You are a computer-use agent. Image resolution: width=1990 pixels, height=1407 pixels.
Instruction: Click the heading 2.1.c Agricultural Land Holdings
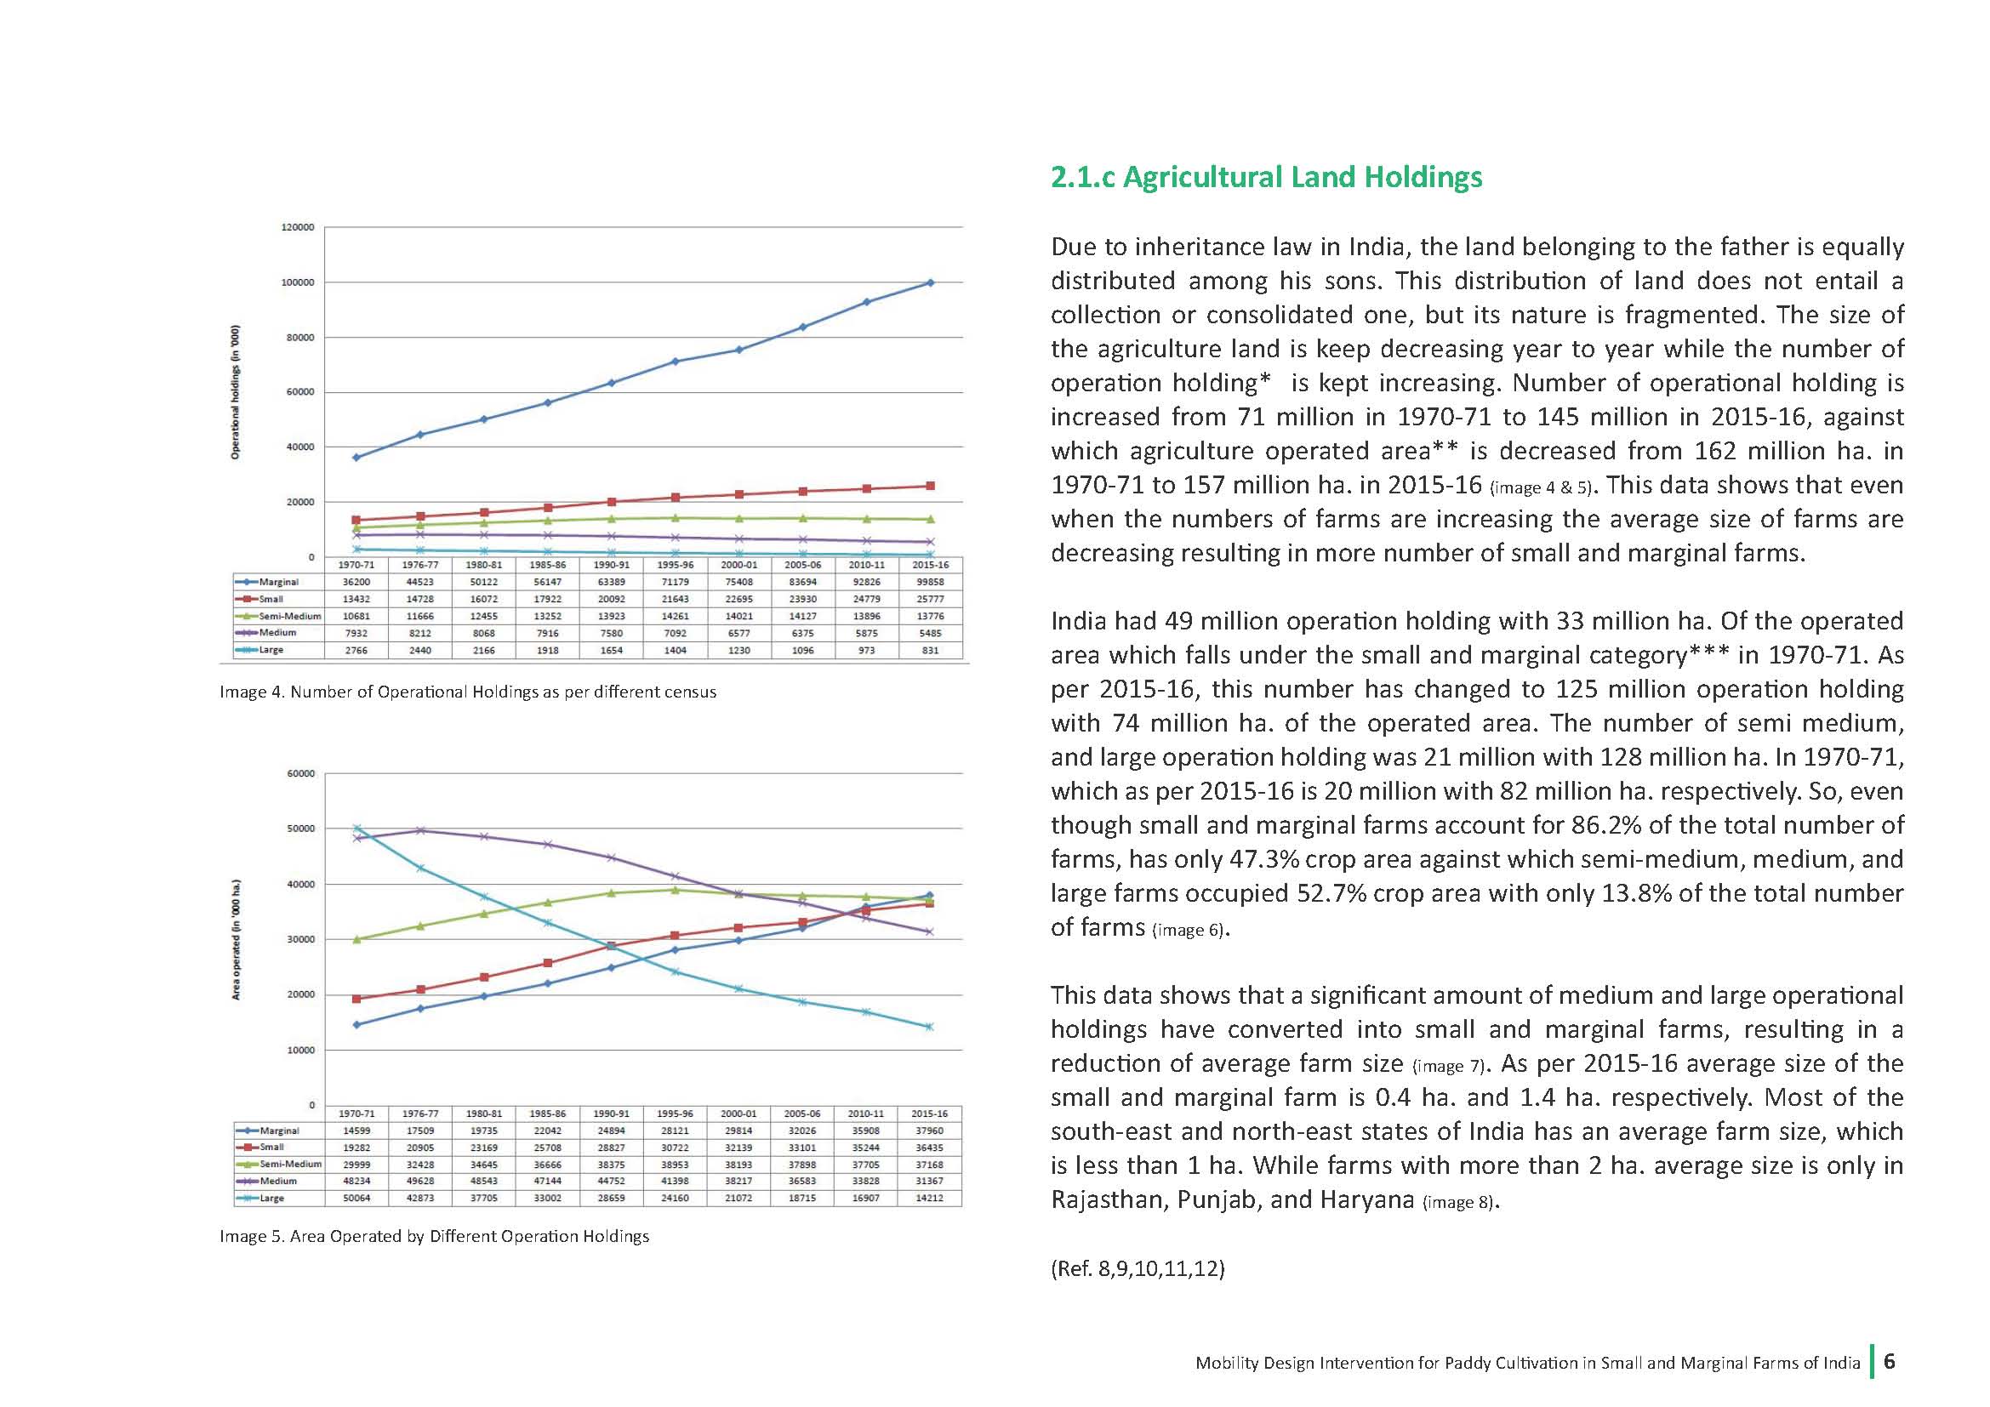click(x=1266, y=177)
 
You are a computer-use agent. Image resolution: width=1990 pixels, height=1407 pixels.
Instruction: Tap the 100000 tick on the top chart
click(x=297, y=282)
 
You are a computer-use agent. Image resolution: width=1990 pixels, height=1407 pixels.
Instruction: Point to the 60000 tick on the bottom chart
click(x=300, y=773)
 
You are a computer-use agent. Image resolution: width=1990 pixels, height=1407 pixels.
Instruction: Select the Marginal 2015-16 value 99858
click(x=930, y=582)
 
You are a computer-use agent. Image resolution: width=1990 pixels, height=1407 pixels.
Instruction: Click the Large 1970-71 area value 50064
click(x=356, y=1199)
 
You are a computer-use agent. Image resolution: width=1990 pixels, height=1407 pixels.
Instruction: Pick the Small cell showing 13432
click(x=356, y=599)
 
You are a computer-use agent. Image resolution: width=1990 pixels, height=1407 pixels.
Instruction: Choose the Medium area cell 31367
click(x=929, y=1181)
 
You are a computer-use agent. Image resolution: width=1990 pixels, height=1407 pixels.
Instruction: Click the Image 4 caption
click(x=468, y=692)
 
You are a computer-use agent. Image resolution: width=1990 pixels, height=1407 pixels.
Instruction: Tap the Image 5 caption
click(x=434, y=1236)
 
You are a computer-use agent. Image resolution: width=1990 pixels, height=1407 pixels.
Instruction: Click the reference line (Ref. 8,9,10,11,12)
click(x=1138, y=1269)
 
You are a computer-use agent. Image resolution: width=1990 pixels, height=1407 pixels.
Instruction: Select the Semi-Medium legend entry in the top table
click(x=279, y=616)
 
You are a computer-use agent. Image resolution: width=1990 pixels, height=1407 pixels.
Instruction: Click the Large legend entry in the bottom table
click(x=261, y=1199)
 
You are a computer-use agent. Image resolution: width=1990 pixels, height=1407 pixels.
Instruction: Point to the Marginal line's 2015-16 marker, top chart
click(x=930, y=282)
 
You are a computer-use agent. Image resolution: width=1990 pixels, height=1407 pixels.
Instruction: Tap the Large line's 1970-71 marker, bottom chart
click(x=356, y=829)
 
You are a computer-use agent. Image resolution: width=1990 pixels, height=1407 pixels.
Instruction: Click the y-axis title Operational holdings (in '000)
click(x=235, y=392)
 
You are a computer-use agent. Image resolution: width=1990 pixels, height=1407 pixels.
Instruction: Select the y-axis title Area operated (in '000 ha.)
click(x=235, y=940)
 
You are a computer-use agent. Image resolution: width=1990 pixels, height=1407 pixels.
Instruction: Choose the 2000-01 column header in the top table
click(x=739, y=565)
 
